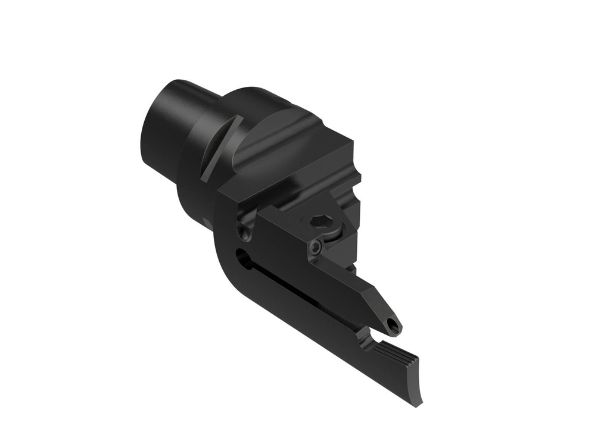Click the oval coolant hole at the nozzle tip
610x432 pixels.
point(391,325)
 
